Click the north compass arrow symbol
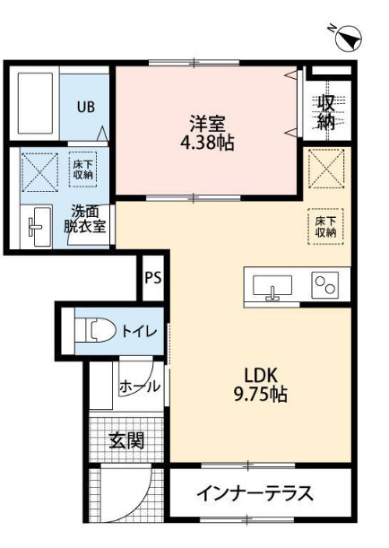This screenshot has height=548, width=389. pos(349,39)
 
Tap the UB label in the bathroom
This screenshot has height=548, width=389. pos(85,107)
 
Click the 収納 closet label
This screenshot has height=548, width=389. pos(326,112)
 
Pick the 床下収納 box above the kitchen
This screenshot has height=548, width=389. pos(324,225)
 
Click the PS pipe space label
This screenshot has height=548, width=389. pos(152,277)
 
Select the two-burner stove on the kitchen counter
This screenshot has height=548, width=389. pos(324,286)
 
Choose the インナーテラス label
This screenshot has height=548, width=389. pos(255,493)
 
